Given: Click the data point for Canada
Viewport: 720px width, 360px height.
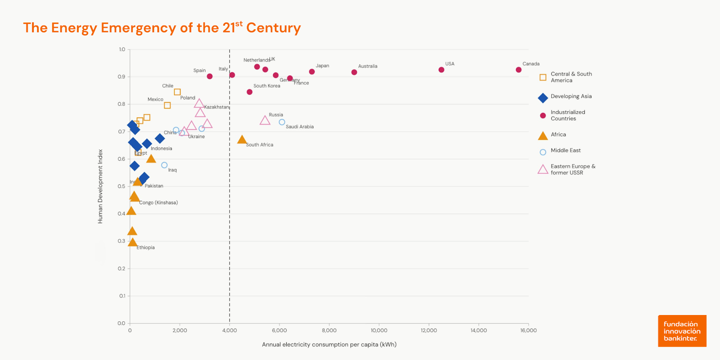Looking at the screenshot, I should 518,70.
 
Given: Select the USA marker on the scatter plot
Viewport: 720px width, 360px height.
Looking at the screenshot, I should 441,70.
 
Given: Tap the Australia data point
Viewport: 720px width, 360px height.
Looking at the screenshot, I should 354,72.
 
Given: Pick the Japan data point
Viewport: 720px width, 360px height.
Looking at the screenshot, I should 312,72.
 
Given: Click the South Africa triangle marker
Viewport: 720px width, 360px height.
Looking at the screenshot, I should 242,140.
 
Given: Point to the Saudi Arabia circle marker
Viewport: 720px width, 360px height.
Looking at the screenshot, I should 282,122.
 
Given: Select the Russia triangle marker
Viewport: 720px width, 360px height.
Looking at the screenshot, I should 265,120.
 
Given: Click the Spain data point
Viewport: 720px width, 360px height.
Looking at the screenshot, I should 210,76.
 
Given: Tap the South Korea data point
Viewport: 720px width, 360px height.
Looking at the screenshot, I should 249,92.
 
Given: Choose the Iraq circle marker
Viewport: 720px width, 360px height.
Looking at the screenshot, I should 164,165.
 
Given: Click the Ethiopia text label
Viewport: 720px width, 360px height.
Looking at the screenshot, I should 145,247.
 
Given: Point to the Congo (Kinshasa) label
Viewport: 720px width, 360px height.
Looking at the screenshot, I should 158,202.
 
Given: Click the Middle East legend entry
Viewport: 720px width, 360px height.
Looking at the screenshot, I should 565,150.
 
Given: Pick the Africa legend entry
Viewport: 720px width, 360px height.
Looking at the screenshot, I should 558,135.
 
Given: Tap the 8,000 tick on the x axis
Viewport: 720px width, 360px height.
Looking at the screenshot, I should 329,330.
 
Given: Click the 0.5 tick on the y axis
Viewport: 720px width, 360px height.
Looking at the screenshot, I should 121,186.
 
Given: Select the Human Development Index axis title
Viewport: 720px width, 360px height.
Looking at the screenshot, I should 100,186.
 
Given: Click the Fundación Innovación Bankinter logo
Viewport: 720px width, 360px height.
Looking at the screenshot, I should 682,331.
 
